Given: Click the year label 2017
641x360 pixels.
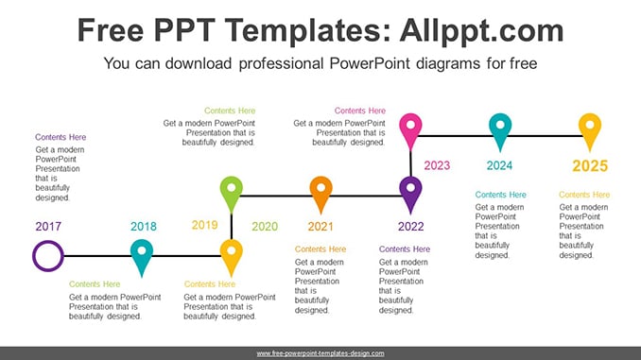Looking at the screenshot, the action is click(x=48, y=227).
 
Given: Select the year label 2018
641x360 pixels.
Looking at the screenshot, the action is click(x=144, y=227).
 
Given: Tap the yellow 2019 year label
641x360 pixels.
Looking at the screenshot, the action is click(x=205, y=225).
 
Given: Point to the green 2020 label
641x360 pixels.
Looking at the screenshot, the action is click(x=265, y=227).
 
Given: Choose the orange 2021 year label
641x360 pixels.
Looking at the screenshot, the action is click(x=320, y=227).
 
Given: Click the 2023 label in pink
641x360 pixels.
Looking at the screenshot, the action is click(x=437, y=165).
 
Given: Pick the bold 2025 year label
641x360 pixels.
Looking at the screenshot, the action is click(x=590, y=166).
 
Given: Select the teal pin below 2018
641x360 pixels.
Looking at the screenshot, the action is click(x=142, y=258).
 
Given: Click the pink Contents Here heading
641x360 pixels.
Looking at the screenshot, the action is click(x=360, y=111).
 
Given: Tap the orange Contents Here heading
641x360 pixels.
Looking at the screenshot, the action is click(x=320, y=249).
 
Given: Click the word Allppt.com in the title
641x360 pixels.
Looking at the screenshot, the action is click(x=482, y=30).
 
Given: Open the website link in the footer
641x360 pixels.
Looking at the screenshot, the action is click(x=320, y=353).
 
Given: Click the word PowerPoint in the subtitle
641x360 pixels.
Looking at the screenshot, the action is click(x=370, y=63).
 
